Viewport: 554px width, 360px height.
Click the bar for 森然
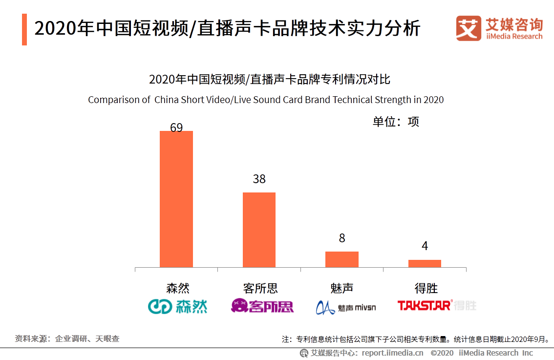tap(176, 199)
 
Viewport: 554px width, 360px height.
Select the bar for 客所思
tap(259, 230)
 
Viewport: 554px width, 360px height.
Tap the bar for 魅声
tap(342, 259)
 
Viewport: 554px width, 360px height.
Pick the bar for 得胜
tap(425, 263)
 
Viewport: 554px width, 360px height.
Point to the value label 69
tap(176, 127)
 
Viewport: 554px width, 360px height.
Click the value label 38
tap(259, 179)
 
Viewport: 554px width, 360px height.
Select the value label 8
tap(342, 238)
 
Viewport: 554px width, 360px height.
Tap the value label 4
tap(425, 246)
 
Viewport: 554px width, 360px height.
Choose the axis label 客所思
tap(260, 288)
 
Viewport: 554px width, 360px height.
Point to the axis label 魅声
tap(342, 288)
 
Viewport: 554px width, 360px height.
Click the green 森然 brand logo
tap(178, 306)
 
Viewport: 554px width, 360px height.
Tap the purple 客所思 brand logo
tap(262, 306)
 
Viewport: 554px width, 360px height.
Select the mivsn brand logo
tap(346, 307)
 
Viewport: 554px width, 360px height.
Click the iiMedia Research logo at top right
tap(499, 29)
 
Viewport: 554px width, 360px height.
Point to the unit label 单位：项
tap(396, 122)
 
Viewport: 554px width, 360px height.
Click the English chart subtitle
tap(266, 100)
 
